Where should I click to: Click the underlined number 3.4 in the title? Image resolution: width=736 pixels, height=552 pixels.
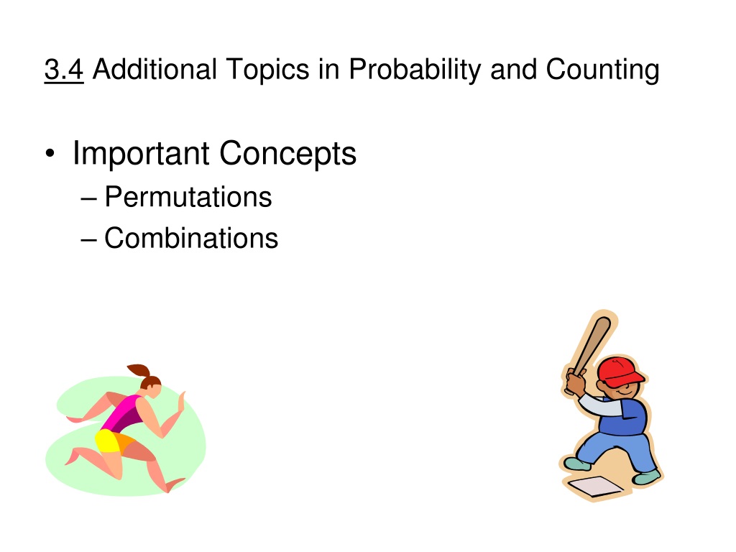64,70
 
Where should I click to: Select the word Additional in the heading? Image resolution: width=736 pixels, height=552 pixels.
155,69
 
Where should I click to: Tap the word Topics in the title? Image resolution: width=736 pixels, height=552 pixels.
267,70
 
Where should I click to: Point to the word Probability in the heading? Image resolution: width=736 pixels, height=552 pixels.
415,70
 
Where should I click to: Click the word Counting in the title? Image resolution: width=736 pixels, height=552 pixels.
603,70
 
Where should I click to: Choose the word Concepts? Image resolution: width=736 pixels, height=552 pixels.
287,154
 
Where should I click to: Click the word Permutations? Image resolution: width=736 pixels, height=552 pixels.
188,196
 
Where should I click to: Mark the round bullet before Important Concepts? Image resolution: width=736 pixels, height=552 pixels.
50,154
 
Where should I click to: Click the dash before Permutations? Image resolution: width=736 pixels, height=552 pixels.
88,199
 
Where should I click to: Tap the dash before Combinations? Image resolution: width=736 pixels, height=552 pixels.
88,240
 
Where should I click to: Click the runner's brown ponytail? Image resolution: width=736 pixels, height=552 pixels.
139,372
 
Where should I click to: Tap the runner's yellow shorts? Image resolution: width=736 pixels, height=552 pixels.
109,441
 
